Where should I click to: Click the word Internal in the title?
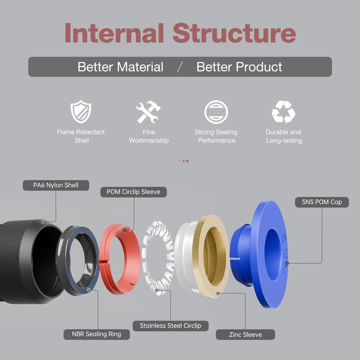[114, 33]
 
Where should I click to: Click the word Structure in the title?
[234, 33]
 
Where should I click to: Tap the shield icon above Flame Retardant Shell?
[81, 112]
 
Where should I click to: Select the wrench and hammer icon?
[148, 112]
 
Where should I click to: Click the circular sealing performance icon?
[216, 112]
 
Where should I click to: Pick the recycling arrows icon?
[283, 112]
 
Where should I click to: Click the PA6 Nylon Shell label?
[56, 185]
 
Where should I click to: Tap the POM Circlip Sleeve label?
[134, 192]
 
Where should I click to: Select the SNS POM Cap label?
[322, 202]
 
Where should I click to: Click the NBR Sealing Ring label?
[96, 334]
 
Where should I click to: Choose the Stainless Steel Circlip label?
[170, 326]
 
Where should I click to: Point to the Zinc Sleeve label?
[246, 335]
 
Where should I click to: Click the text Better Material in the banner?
[121, 67]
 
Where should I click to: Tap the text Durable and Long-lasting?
[284, 136]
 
